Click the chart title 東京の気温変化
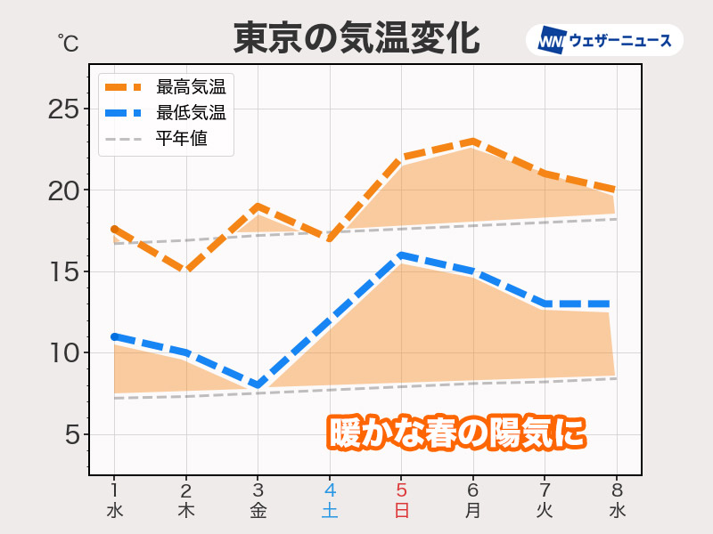[x=356, y=39]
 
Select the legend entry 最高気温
[x=190, y=87]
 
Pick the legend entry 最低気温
[x=190, y=113]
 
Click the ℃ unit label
[x=68, y=41]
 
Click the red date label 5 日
[x=401, y=499]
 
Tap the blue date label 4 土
[x=330, y=499]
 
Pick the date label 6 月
[x=473, y=499]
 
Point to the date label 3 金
[x=258, y=499]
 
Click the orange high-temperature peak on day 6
[x=473, y=141]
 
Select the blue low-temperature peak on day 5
[x=401, y=255]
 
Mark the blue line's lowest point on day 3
[x=258, y=385]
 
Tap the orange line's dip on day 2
[x=186, y=270]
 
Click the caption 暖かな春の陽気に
[x=457, y=433]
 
